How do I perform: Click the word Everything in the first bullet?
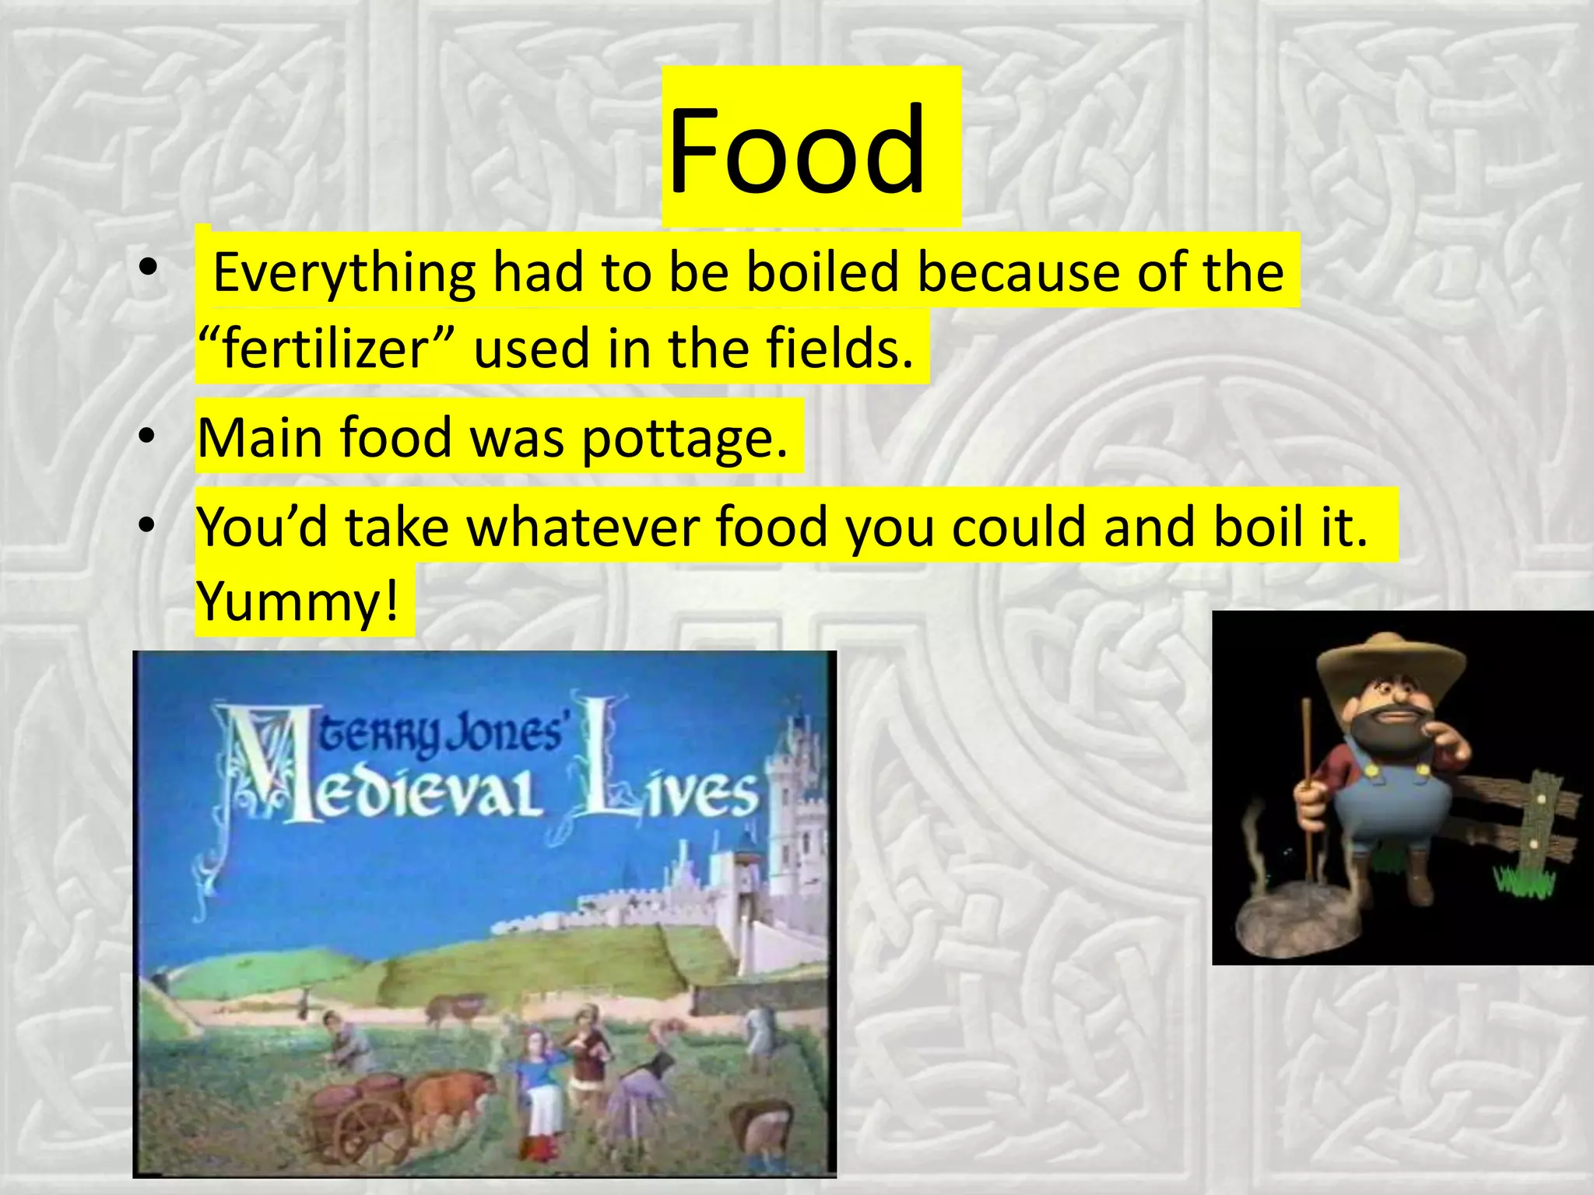pos(343,272)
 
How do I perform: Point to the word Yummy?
pos(297,601)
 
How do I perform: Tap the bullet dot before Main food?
pos(146,437)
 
